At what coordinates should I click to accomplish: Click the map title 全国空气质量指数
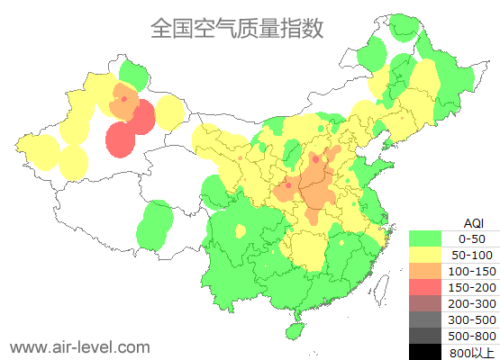[236, 29]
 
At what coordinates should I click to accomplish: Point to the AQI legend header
[473, 222]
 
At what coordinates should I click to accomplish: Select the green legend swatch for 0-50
[425, 238]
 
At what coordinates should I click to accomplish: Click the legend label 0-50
[471, 238]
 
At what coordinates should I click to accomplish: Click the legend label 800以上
[471, 352]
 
